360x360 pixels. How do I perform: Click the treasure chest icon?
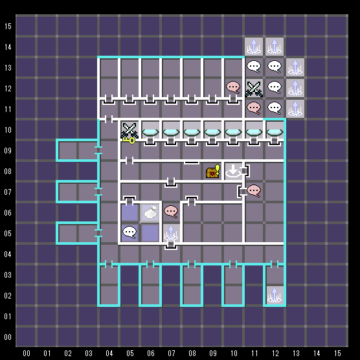[213, 172]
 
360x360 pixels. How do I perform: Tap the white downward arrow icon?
[233, 172]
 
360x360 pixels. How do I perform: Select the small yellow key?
[129, 140]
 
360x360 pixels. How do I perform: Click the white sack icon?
[150, 212]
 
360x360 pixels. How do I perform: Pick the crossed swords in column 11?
[254, 89]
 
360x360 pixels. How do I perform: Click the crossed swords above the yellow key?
[129, 130]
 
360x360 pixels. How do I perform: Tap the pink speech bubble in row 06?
[171, 212]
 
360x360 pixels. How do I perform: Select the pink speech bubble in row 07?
[254, 191]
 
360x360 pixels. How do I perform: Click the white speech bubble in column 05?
[129, 232]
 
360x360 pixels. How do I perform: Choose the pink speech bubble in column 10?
[233, 87]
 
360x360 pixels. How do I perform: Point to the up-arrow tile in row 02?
[275, 295]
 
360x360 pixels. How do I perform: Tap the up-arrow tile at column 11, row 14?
[254, 47]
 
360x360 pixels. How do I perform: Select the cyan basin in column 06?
[150, 133]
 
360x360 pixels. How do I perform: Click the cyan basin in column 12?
[275, 133]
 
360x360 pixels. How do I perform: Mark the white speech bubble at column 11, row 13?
[254, 66]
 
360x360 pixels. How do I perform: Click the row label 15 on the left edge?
[8, 27]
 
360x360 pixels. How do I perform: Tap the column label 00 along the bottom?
[27, 353]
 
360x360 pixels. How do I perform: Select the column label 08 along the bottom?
[192, 353]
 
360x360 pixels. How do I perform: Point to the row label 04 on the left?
[8, 254]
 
